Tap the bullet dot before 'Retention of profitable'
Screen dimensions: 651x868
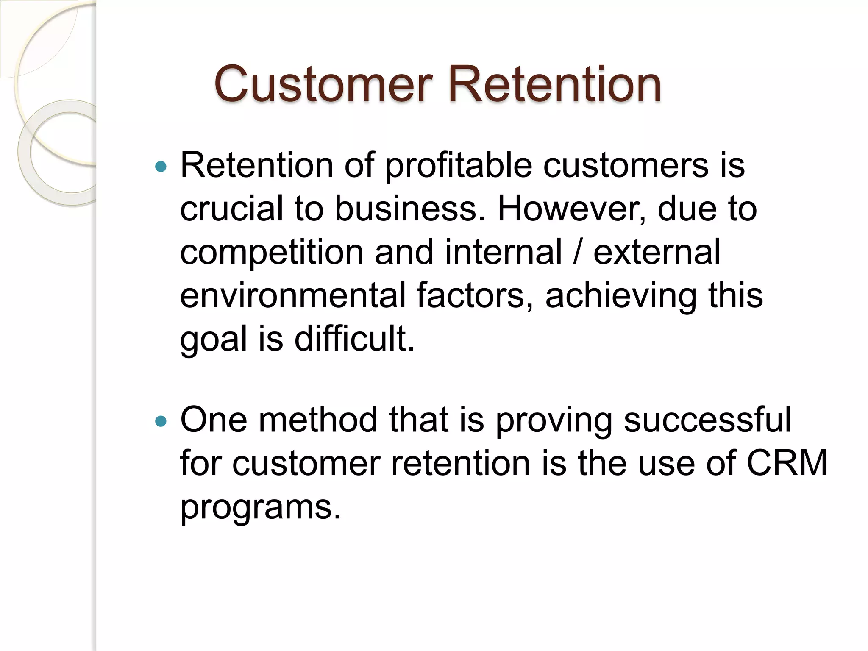(161, 167)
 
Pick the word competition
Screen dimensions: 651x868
(272, 253)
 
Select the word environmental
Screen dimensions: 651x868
(293, 295)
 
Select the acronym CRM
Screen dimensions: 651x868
(787, 463)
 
